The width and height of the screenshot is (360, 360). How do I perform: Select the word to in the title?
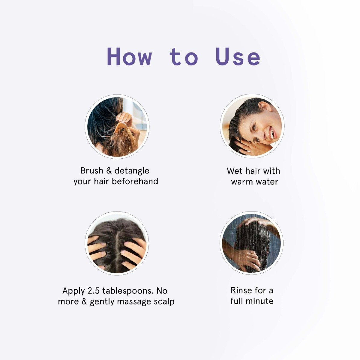click(184, 57)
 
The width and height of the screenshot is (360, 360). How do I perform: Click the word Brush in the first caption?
click(91, 171)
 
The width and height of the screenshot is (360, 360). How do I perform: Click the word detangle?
click(132, 171)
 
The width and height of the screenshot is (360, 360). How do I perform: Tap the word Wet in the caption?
click(235, 171)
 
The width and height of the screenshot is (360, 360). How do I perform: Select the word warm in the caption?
click(242, 182)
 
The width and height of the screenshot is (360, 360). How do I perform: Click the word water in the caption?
click(267, 182)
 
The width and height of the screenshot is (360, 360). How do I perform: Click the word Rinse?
click(240, 290)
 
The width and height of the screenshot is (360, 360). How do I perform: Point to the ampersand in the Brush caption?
click(109, 171)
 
